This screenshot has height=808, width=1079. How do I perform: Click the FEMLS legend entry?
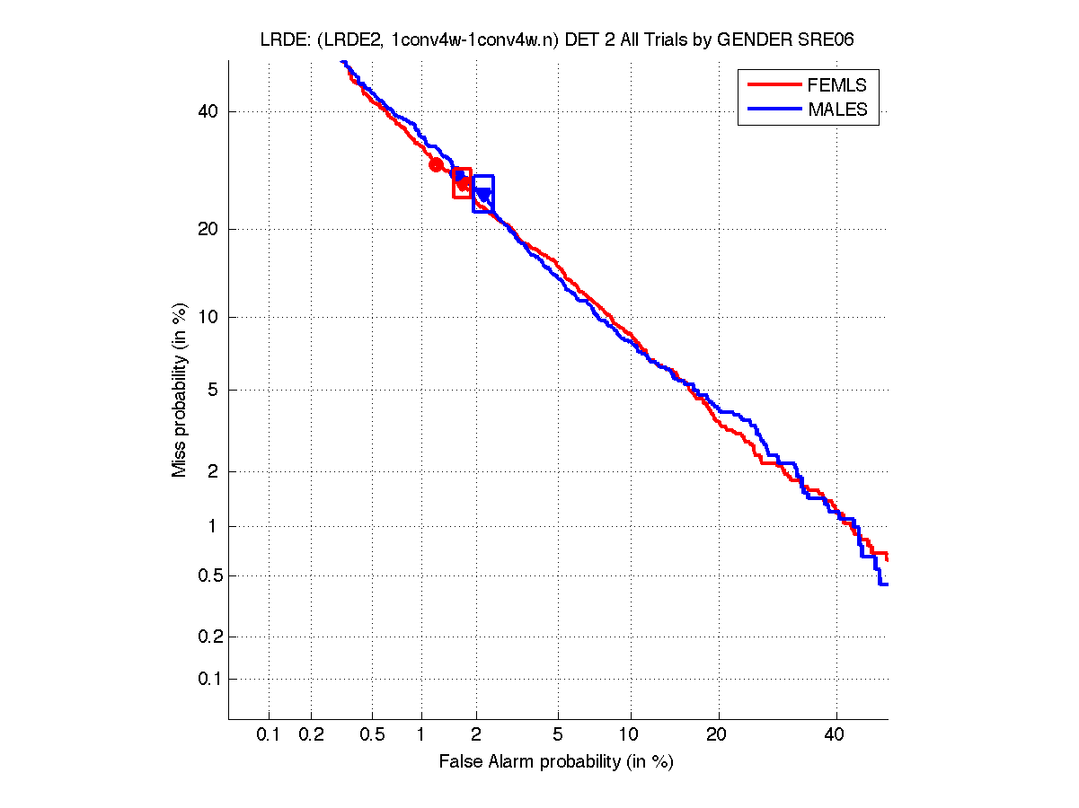[836, 85]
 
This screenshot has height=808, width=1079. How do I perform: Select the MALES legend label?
[837, 110]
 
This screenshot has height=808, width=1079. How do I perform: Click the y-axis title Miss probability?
[181, 390]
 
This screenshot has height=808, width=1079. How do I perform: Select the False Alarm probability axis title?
[556, 762]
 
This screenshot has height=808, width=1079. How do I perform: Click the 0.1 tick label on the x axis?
[269, 735]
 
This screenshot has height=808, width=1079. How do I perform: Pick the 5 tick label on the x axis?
[558, 735]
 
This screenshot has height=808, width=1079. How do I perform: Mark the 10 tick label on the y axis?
[208, 317]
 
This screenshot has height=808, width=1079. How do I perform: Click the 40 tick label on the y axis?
[208, 111]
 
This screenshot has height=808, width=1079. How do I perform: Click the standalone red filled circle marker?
[436, 164]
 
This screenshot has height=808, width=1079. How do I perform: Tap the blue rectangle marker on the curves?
[483, 193]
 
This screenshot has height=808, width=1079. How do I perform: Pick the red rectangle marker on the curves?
[462, 182]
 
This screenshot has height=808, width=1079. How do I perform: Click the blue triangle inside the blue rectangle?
[484, 194]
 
